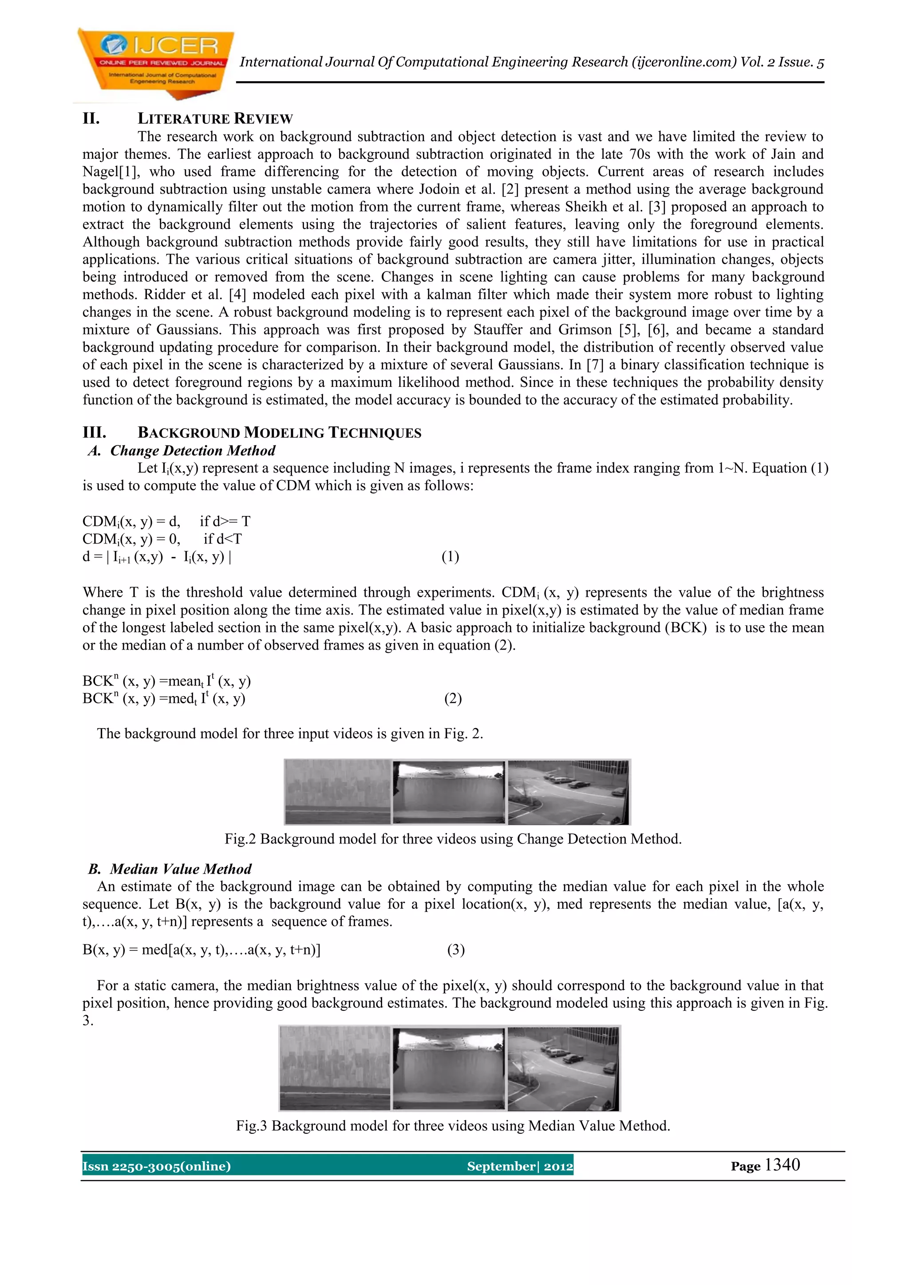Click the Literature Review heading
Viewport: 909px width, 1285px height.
(x=215, y=118)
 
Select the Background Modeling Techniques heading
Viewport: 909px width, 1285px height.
(x=279, y=433)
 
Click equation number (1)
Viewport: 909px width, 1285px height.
(x=450, y=556)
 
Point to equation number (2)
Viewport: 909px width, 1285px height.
(x=453, y=698)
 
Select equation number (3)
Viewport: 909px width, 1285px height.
(x=456, y=949)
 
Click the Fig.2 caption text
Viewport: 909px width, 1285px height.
(x=453, y=839)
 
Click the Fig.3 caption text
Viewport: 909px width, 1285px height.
(x=453, y=1126)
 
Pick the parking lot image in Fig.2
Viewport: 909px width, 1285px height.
(x=568, y=792)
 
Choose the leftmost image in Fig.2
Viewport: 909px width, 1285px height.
(x=337, y=792)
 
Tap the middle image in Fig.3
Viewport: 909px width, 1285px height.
(x=448, y=1068)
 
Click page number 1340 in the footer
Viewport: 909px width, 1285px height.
(x=782, y=1165)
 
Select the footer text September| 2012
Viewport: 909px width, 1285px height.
(x=519, y=1167)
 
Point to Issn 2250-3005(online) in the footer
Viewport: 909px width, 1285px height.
(x=157, y=1167)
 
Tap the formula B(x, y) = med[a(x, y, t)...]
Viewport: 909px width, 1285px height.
(x=202, y=949)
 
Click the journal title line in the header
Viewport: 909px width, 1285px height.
(x=531, y=62)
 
